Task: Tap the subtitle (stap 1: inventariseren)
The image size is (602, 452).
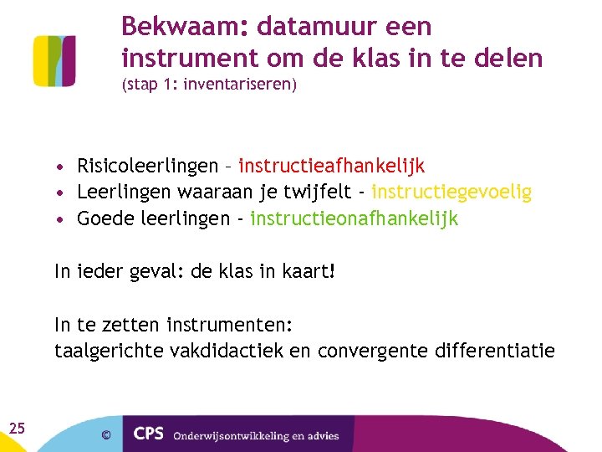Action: (x=209, y=85)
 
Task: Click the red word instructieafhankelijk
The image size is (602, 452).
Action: (x=332, y=166)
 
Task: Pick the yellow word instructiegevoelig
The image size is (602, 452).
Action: (x=451, y=193)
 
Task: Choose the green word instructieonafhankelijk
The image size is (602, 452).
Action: (x=355, y=219)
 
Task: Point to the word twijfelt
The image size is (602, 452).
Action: (x=319, y=193)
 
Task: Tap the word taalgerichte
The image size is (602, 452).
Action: (x=109, y=351)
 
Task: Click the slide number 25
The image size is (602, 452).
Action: (x=17, y=429)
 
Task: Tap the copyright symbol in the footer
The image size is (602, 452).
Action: (x=105, y=434)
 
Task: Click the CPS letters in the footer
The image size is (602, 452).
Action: (x=150, y=434)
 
